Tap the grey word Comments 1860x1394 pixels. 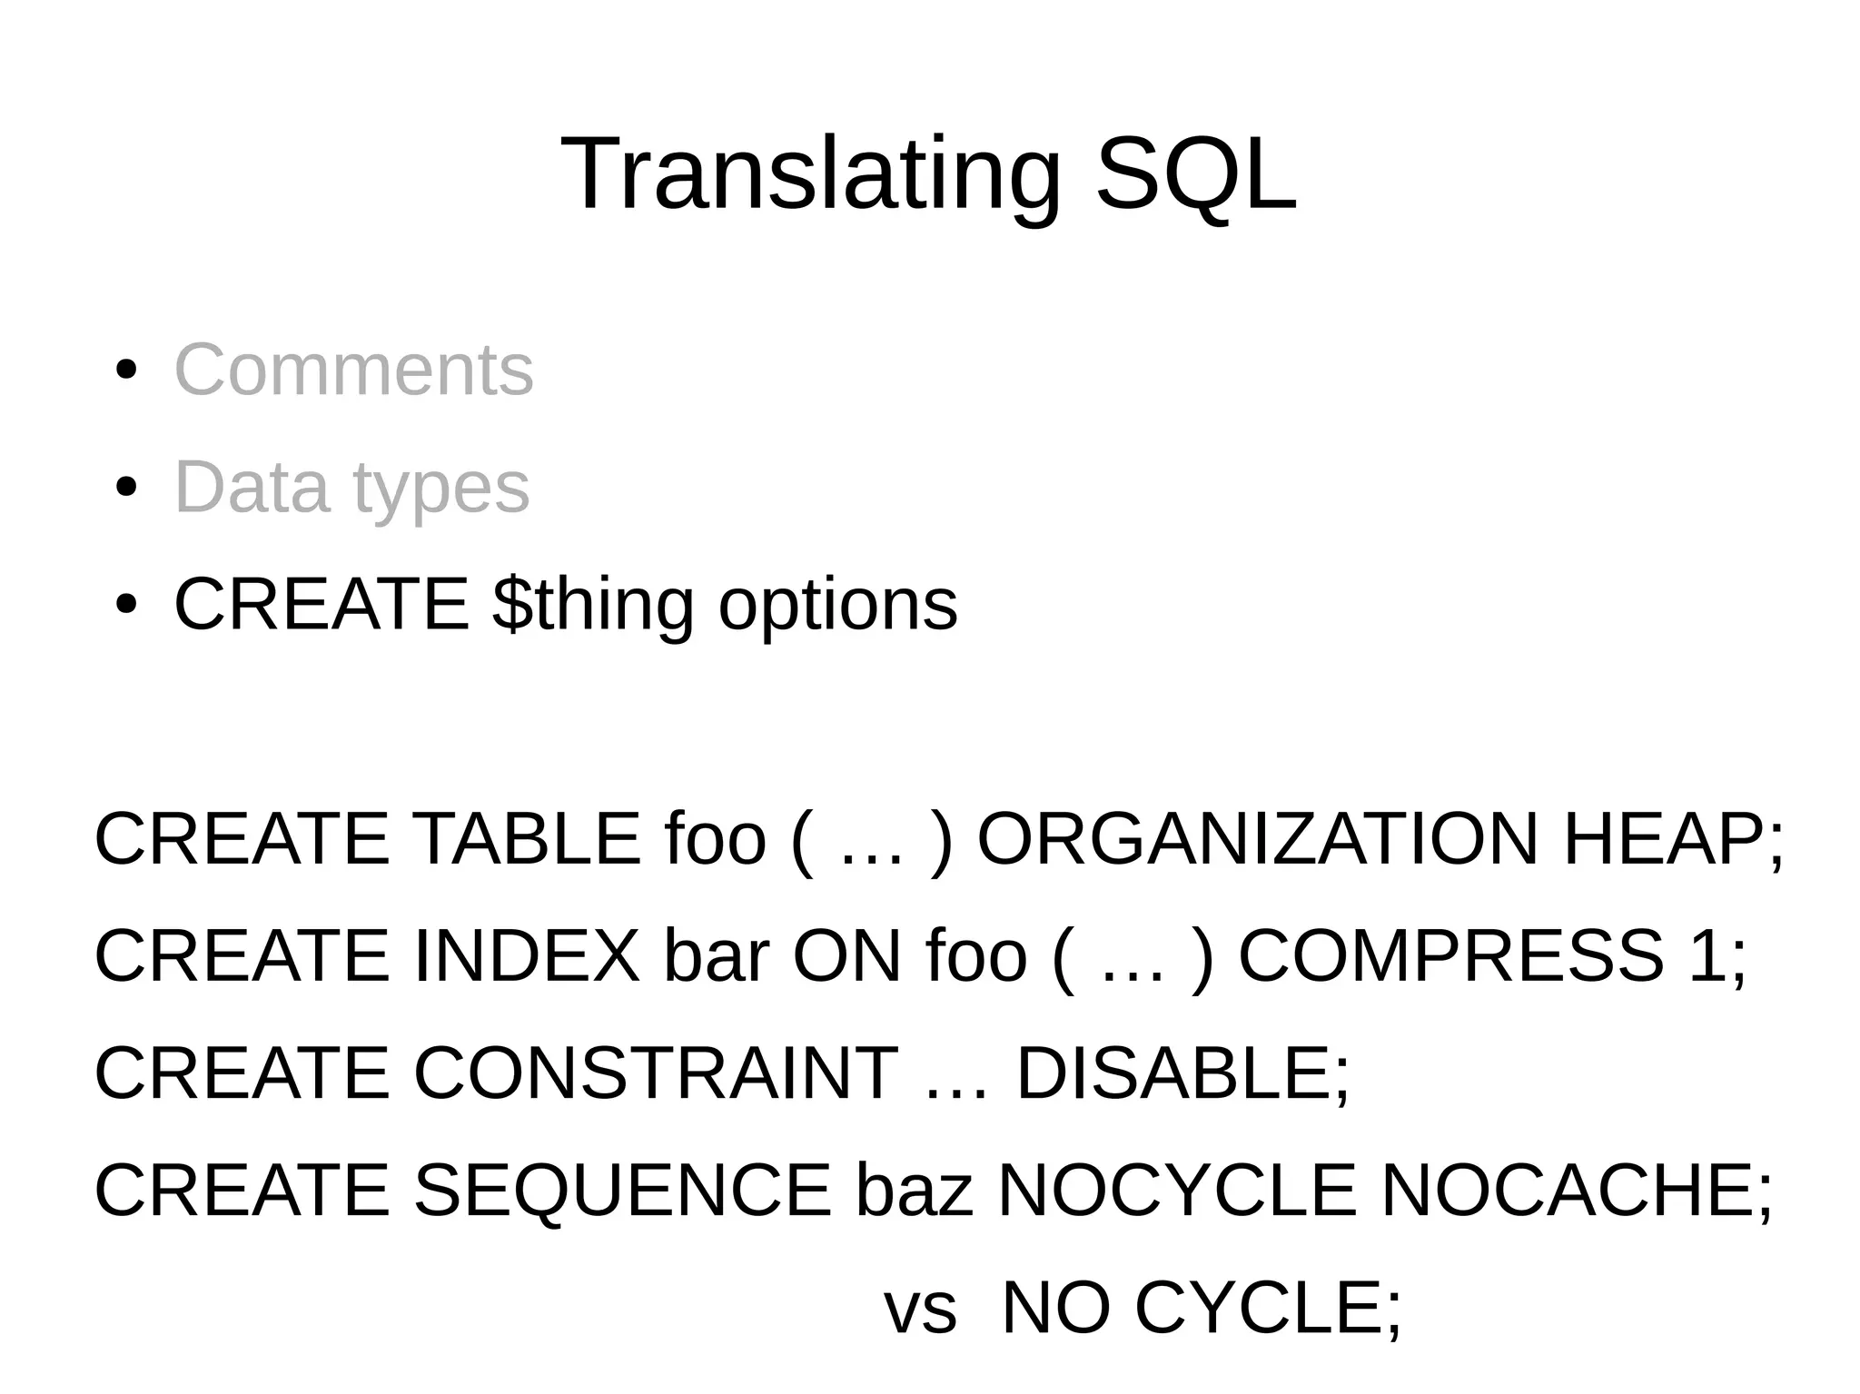(x=353, y=370)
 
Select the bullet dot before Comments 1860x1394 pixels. (x=126, y=371)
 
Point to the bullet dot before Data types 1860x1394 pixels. (x=126, y=488)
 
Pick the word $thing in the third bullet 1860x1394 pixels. (x=593, y=606)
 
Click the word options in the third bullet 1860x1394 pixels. (x=837, y=606)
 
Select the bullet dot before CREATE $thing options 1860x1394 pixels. (x=126, y=605)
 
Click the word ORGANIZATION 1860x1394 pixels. (x=1258, y=839)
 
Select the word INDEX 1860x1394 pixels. (x=527, y=956)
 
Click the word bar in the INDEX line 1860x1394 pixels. (x=717, y=956)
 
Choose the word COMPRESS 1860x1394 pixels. (x=1450, y=956)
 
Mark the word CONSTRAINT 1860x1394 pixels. (x=656, y=1073)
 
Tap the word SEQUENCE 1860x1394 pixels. (x=622, y=1191)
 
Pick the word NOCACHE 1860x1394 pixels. (x=1568, y=1191)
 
